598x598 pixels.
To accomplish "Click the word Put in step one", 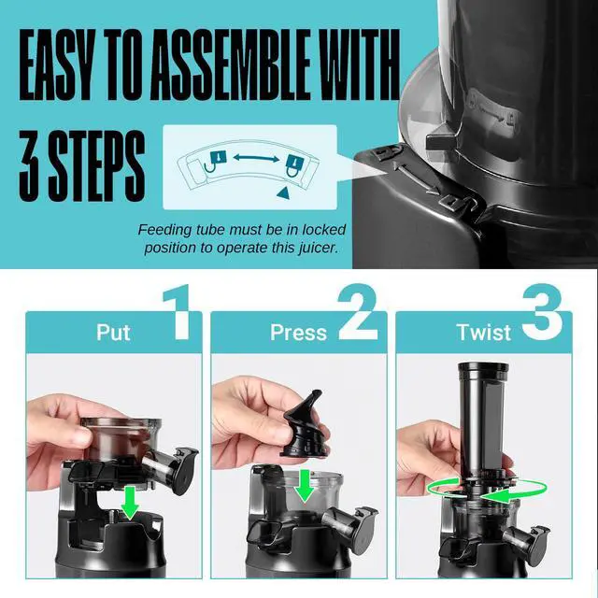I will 113,333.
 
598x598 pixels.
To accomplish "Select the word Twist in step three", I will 484,333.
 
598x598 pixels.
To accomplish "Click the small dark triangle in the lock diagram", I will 281,191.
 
